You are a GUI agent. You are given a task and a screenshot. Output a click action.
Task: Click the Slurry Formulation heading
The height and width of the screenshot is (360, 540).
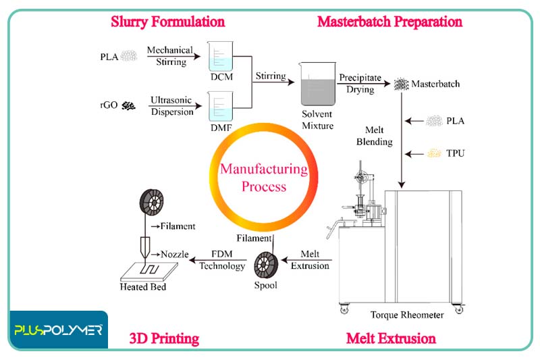click(x=167, y=22)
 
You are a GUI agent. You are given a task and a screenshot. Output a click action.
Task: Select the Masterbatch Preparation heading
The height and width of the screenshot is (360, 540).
click(x=389, y=22)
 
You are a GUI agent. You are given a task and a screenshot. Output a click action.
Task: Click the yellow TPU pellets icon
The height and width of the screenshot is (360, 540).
click(x=435, y=153)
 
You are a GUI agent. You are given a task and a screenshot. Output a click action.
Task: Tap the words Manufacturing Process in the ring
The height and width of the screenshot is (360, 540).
click(x=263, y=177)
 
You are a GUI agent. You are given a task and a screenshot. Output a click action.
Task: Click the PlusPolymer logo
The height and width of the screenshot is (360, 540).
click(x=58, y=330)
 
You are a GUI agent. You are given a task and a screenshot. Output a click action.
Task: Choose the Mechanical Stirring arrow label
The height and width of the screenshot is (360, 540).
click(x=169, y=56)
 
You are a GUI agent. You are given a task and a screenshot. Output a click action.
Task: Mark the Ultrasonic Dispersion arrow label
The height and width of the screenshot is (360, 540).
click(x=171, y=106)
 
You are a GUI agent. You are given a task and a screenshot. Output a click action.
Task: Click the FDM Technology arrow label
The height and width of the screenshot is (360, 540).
click(x=222, y=260)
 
